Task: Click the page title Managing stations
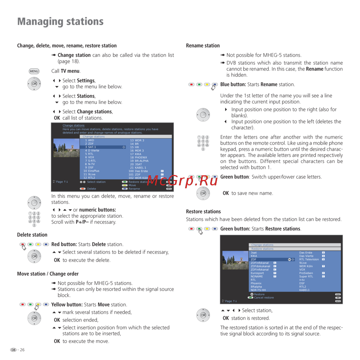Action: coord(60,22)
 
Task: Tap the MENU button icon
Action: coord(34,71)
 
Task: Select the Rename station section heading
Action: coord(203,46)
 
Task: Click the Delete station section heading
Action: coord(32,235)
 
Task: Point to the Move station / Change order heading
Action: coord(48,274)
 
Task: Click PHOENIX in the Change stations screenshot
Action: coord(141,157)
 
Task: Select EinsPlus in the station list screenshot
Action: coord(94,171)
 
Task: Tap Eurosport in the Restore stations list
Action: coord(257,273)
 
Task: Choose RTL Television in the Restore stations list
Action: coord(309,259)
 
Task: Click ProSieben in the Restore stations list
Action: coord(306,273)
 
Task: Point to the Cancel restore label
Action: coord(264,298)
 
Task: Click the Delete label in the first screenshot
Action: coord(91,189)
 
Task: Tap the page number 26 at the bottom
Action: coord(22,350)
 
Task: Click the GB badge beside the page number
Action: coord(13,350)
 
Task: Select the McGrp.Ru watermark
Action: coord(183,181)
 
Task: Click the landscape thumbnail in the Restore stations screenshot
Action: coord(235,260)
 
